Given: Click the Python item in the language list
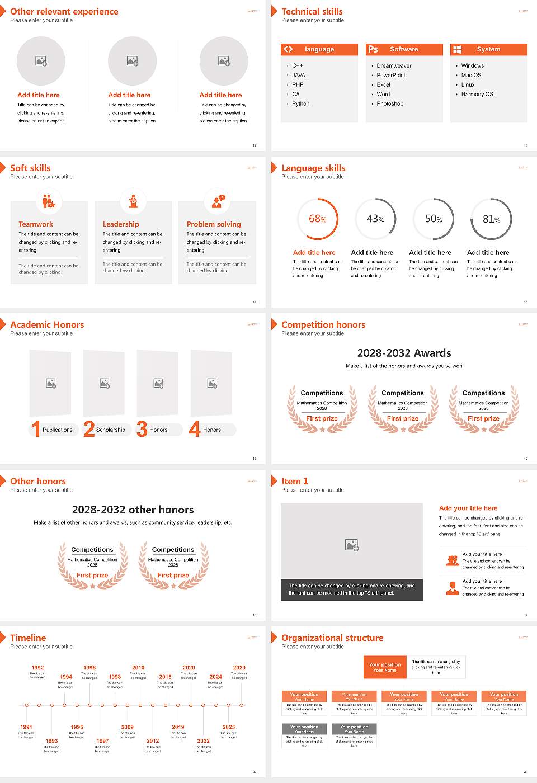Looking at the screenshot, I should tap(300, 104).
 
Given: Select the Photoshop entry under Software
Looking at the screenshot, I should tap(390, 104).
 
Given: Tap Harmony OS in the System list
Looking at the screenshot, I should tap(477, 95).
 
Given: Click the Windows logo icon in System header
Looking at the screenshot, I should tap(457, 49).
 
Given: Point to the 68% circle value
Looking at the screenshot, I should tap(318, 219).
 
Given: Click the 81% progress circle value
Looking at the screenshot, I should tap(491, 219).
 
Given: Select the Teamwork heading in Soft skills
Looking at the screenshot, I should tap(36, 224).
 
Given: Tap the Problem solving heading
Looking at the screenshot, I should tap(214, 224).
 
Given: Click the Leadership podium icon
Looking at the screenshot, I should tap(133, 201).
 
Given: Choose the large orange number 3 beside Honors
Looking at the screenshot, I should tap(142, 429).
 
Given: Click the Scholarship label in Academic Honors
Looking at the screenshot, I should tap(110, 430).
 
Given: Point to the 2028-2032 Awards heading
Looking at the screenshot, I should tap(404, 353).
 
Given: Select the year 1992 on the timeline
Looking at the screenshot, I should tap(37, 668).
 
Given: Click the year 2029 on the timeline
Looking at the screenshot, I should tap(239, 668).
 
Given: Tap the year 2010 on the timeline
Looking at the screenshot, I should tap(138, 668).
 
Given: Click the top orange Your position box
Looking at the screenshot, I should tap(385, 667).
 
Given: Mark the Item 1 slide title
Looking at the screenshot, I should tap(294, 481).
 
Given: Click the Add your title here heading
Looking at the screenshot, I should tap(468, 508).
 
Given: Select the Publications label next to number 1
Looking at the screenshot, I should tap(57, 430).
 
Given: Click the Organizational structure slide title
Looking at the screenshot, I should tap(332, 638).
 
